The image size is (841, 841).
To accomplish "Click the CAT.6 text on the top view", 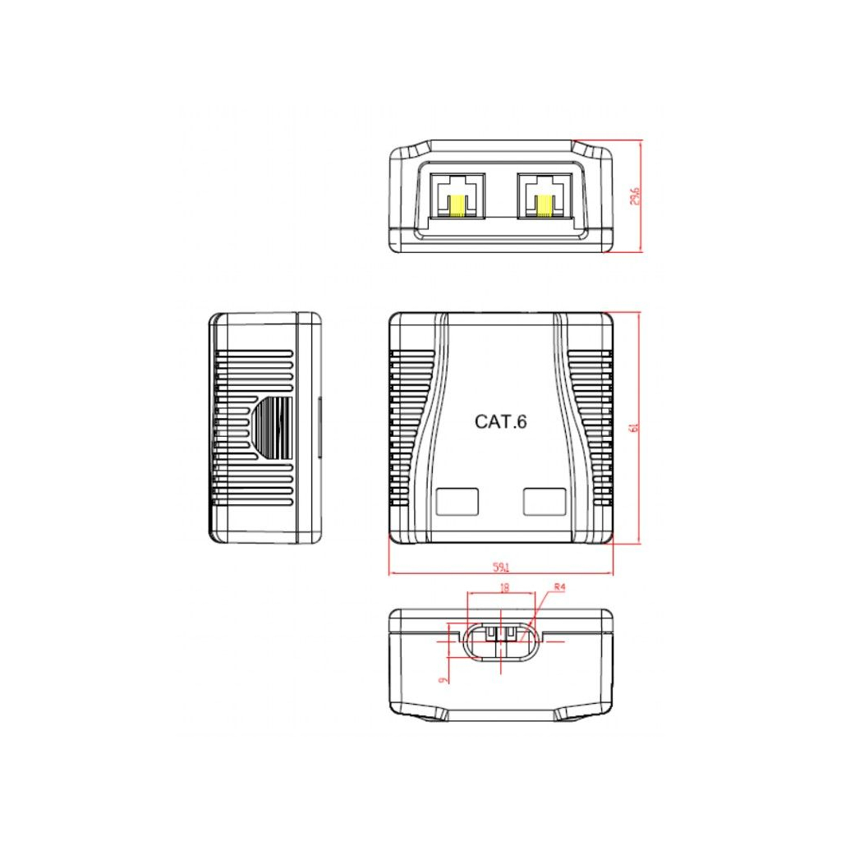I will [500, 422].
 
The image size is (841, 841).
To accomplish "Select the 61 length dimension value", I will [633, 428].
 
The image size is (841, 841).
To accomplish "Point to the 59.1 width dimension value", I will [501, 566].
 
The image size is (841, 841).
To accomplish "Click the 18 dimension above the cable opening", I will [504, 587].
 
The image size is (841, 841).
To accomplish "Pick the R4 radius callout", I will [560, 587].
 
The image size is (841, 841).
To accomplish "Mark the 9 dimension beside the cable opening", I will [443, 678].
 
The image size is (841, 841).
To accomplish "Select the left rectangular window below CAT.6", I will [457, 501].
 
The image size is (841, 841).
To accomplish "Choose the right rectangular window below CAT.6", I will [544, 501].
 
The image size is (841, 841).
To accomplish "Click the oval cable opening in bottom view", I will [501, 641].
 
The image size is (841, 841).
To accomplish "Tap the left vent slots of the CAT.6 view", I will [411, 427].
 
